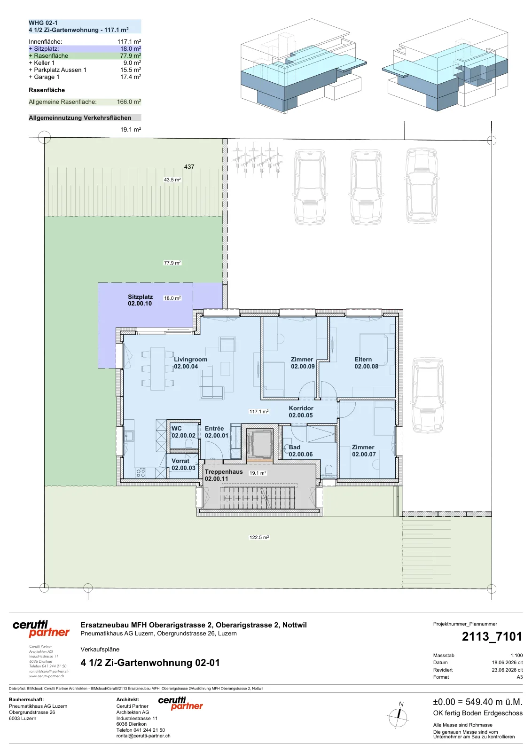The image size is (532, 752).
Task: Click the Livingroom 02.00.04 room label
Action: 190,363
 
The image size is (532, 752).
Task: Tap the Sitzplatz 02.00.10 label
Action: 141,300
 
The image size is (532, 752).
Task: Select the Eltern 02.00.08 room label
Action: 366,363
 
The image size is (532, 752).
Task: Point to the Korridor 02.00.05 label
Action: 301,412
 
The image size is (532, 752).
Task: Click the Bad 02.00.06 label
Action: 300,451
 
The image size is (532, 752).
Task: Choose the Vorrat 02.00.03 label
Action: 183,464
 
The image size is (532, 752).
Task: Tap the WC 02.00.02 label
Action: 183,432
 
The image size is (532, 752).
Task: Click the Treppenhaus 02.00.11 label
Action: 224,475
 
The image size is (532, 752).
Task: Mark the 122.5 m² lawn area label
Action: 259,537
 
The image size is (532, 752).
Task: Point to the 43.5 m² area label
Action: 172,180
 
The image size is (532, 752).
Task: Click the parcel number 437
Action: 189,166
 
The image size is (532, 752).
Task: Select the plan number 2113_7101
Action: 492,636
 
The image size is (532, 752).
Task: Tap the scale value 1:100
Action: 516,655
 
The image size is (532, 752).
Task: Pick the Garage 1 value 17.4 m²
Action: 131,77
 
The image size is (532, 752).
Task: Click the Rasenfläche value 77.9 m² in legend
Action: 131,56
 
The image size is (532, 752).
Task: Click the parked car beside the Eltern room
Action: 428,395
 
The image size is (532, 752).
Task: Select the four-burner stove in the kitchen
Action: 141,473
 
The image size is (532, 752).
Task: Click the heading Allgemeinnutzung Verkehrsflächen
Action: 80,118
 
